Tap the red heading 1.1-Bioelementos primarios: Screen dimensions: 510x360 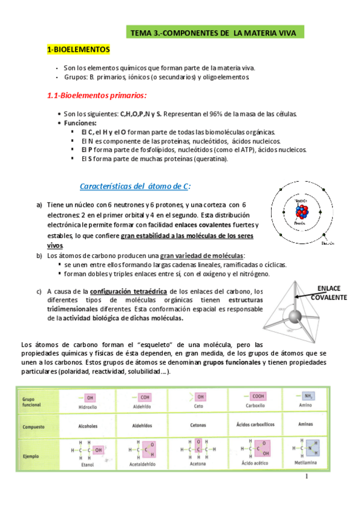coord(97,96)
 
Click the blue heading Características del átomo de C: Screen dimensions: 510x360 coord(136,185)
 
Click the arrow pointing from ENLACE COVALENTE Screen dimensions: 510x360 coord(305,296)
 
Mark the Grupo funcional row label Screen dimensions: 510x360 coord(31,401)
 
